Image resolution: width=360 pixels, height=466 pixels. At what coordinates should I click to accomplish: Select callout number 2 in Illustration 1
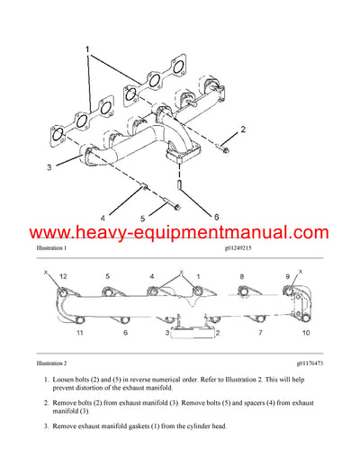point(242,130)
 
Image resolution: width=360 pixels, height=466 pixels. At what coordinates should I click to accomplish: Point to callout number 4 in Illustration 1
point(102,218)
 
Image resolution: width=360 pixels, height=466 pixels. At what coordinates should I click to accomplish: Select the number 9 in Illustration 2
point(288,275)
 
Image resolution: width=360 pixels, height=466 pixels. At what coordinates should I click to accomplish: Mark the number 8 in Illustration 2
point(243,275)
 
